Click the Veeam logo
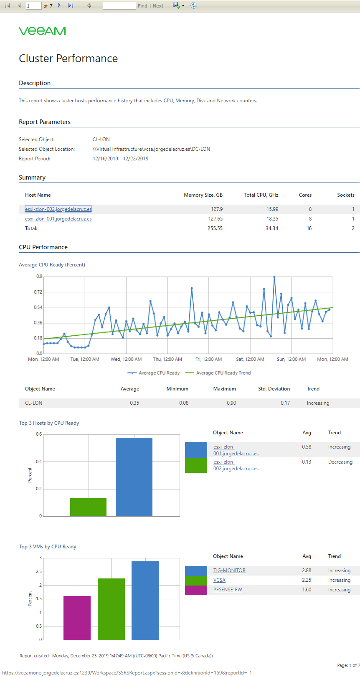click(42, 31)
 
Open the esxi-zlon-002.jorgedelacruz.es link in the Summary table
click(58, 209)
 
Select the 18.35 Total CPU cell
click(272, 219)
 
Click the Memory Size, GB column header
click(203, 195)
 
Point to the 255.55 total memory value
click(215, 228)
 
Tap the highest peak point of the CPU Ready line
click(274, 276)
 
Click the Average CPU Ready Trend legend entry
click(218, 373)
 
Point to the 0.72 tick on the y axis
click(38, 292)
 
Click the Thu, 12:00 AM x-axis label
click(167, 359)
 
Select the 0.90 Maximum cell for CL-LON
click(231, 403)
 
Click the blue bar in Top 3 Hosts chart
click(134, 477)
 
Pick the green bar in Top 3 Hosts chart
click(88, 507)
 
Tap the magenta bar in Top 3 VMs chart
click(77, 618)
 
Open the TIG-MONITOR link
click(229, 571)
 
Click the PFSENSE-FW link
click(228, 590)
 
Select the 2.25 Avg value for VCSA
click(307, 580)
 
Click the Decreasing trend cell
click(340, 462)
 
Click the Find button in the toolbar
click(142, 6)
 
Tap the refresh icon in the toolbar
click(194, 5)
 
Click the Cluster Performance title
click(68, 58)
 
